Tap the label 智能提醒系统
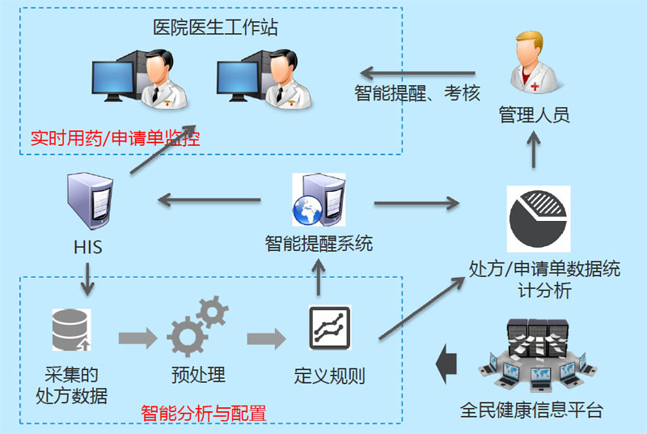319,242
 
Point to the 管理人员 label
534,115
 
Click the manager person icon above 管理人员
533,63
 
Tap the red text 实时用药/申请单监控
115,138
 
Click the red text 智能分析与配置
203,412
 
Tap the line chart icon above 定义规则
330,328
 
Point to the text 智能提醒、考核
417,93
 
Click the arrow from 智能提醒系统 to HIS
209,198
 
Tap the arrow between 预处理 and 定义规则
266,336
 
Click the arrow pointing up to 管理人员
534,149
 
